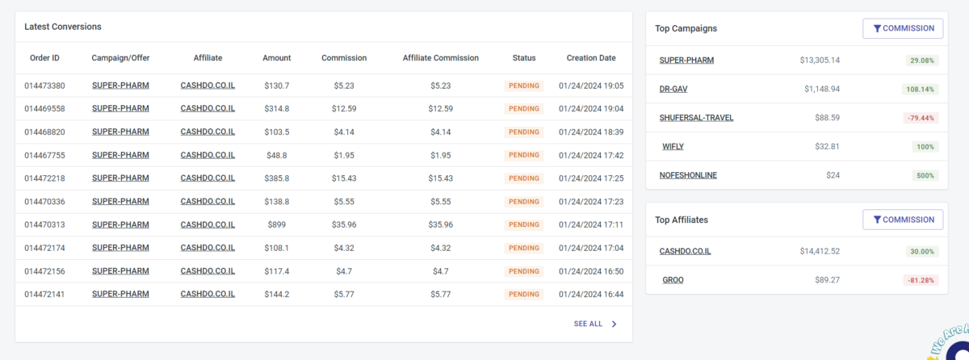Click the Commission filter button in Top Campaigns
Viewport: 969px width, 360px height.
903,28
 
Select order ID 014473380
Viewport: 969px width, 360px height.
44,86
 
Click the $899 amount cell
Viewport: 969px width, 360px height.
276,224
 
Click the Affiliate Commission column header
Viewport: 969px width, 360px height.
440,58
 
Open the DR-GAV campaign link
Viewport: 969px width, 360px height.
673,89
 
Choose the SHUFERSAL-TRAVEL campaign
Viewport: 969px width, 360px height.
696,118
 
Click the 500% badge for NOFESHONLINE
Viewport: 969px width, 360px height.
925,175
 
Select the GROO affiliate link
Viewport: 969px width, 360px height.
673,280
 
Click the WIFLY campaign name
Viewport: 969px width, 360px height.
673,147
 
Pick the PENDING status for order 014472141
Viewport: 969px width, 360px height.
524,295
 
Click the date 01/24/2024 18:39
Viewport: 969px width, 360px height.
590,132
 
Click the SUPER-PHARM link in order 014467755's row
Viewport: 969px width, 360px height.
120,155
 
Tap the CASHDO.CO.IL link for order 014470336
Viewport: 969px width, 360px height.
208,201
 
